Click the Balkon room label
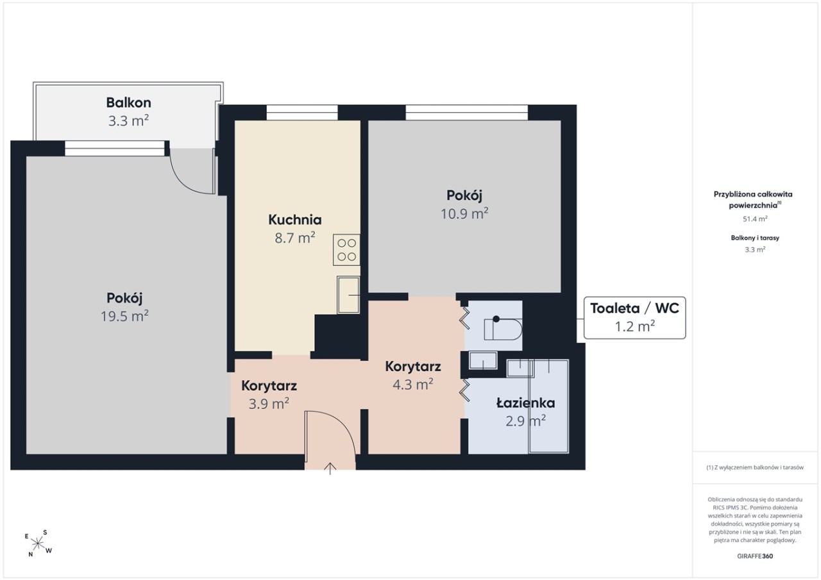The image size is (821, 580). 128,103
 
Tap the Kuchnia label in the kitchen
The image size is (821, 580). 295,220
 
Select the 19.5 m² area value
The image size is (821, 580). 124,316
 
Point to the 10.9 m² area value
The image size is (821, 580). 464,213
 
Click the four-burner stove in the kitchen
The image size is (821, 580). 346,250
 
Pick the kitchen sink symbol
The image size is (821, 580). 348,295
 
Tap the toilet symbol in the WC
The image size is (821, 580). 503,329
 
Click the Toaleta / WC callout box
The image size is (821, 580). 634,317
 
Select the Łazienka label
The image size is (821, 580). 525,403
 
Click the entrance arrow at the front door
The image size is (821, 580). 330,468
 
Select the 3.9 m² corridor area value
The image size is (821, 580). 269,404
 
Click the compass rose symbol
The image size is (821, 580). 38,543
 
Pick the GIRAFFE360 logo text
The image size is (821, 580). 755,556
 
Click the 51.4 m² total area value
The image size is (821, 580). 755,219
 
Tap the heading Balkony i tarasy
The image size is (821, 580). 755,238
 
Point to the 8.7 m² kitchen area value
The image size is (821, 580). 295,238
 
